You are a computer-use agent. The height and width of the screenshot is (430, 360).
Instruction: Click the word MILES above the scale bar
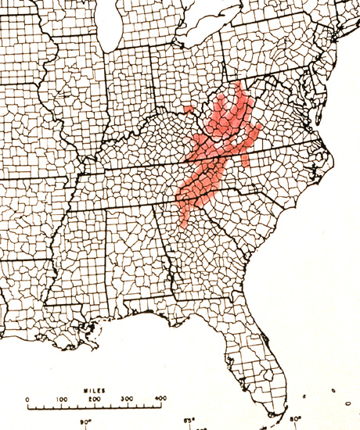(x=95, y=389)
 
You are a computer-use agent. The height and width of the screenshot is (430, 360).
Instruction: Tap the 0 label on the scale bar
(x=28, y=400)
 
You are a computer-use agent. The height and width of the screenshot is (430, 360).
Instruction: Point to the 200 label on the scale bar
(x=95, y=400)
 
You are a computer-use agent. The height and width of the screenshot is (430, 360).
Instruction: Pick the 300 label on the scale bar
(x=128, y=400)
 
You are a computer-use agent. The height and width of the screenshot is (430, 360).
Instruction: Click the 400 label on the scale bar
(x=160, y=400)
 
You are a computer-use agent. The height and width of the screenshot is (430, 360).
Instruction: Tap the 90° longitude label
(x=85, y=422)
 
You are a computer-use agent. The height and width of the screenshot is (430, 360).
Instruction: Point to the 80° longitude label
(x=295, y=420)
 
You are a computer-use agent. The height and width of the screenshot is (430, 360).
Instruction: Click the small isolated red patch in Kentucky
(x=188, y=108)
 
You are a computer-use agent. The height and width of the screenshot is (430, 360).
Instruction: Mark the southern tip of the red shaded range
(x=183, y=225)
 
